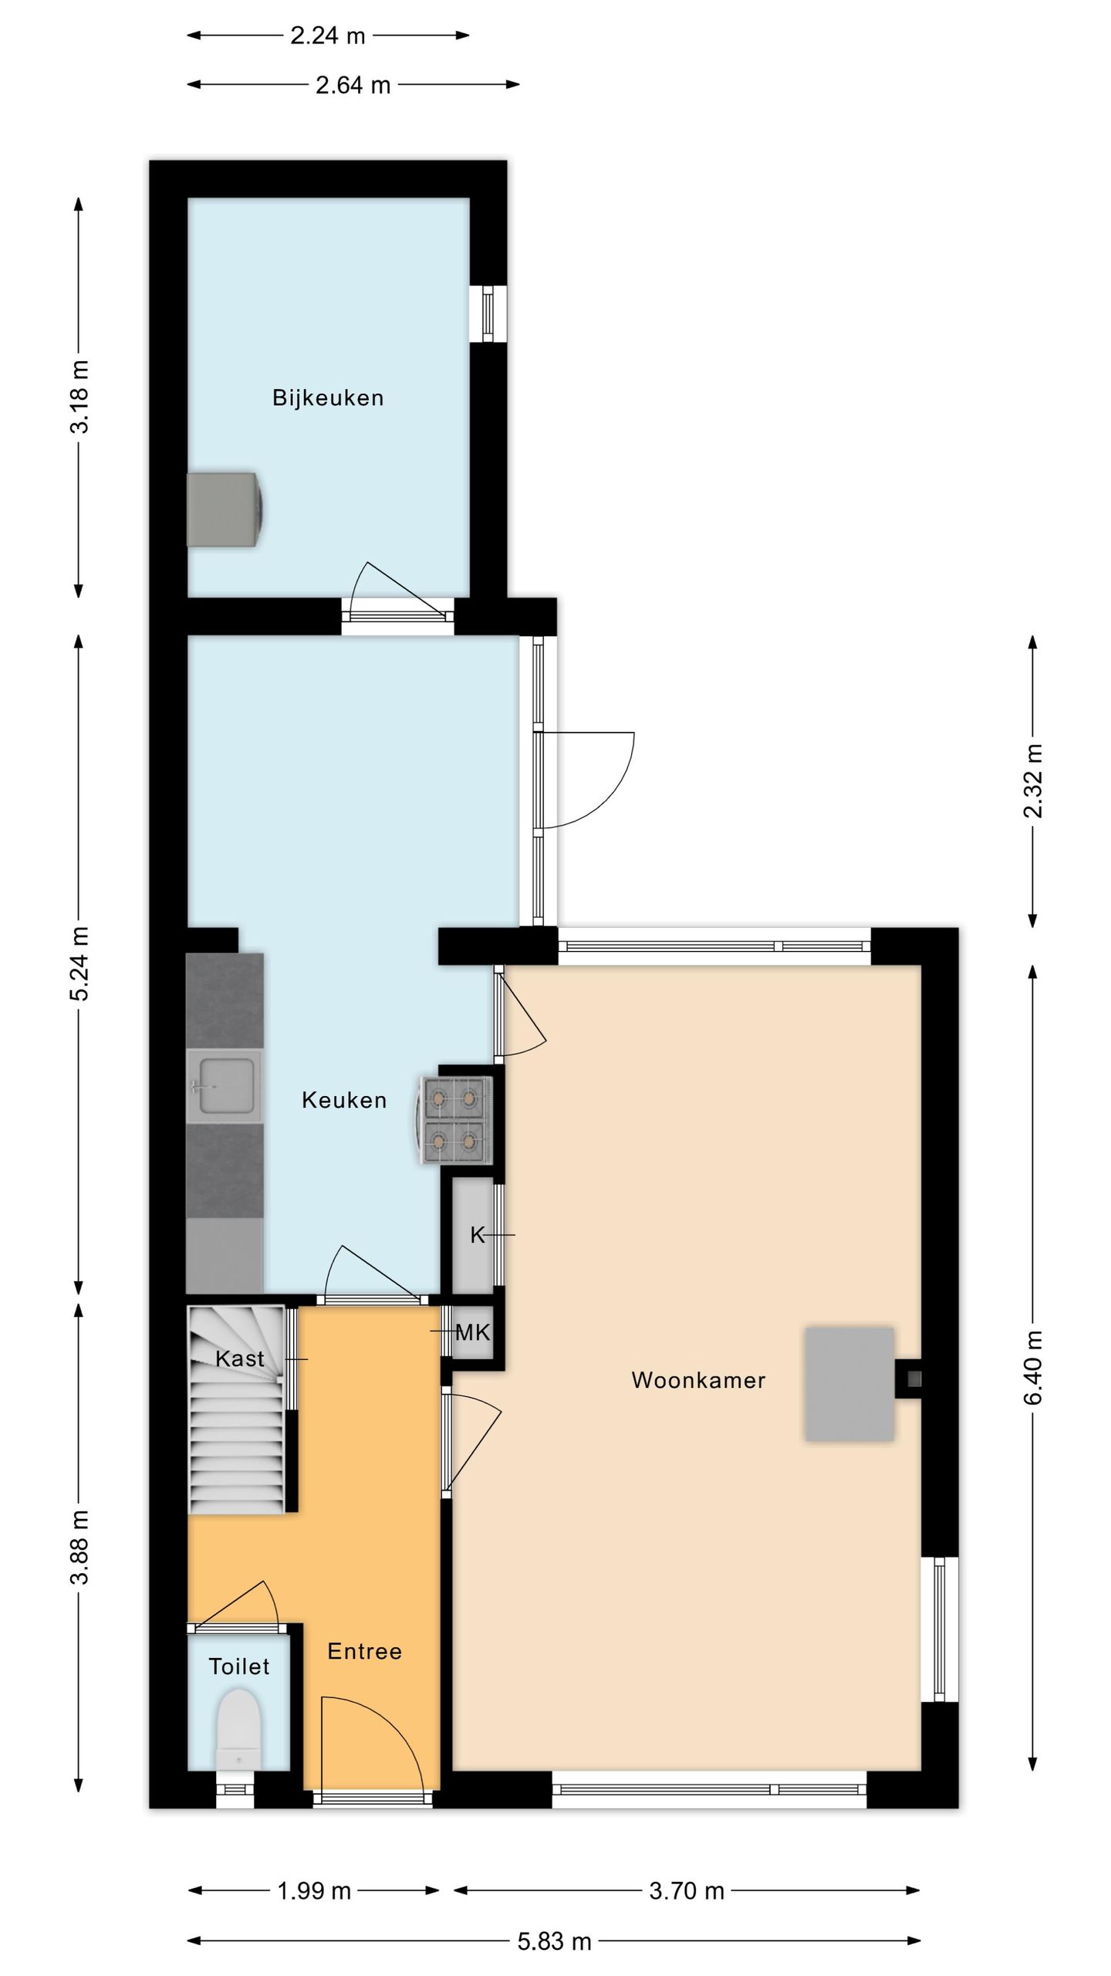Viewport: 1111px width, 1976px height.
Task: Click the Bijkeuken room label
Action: pos(328,398)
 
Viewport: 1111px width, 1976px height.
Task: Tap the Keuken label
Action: pos(344,1100)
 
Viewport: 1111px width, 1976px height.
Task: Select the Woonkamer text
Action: pos(698,1380)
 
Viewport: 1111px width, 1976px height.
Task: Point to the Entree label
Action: pos(364,1651)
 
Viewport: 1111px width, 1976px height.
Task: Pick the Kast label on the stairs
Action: pos(240,1358)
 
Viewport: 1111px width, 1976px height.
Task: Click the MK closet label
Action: pos(473,1332)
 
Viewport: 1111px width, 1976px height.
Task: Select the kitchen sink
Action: pos(225,1086)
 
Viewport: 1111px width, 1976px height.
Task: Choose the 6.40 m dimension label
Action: pos(1034,1367)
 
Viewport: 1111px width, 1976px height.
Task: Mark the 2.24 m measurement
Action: pos(328,36)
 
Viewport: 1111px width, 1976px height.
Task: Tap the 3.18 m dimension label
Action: pos(79,397)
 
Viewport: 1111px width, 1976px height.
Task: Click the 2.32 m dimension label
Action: pos(1034,780)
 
